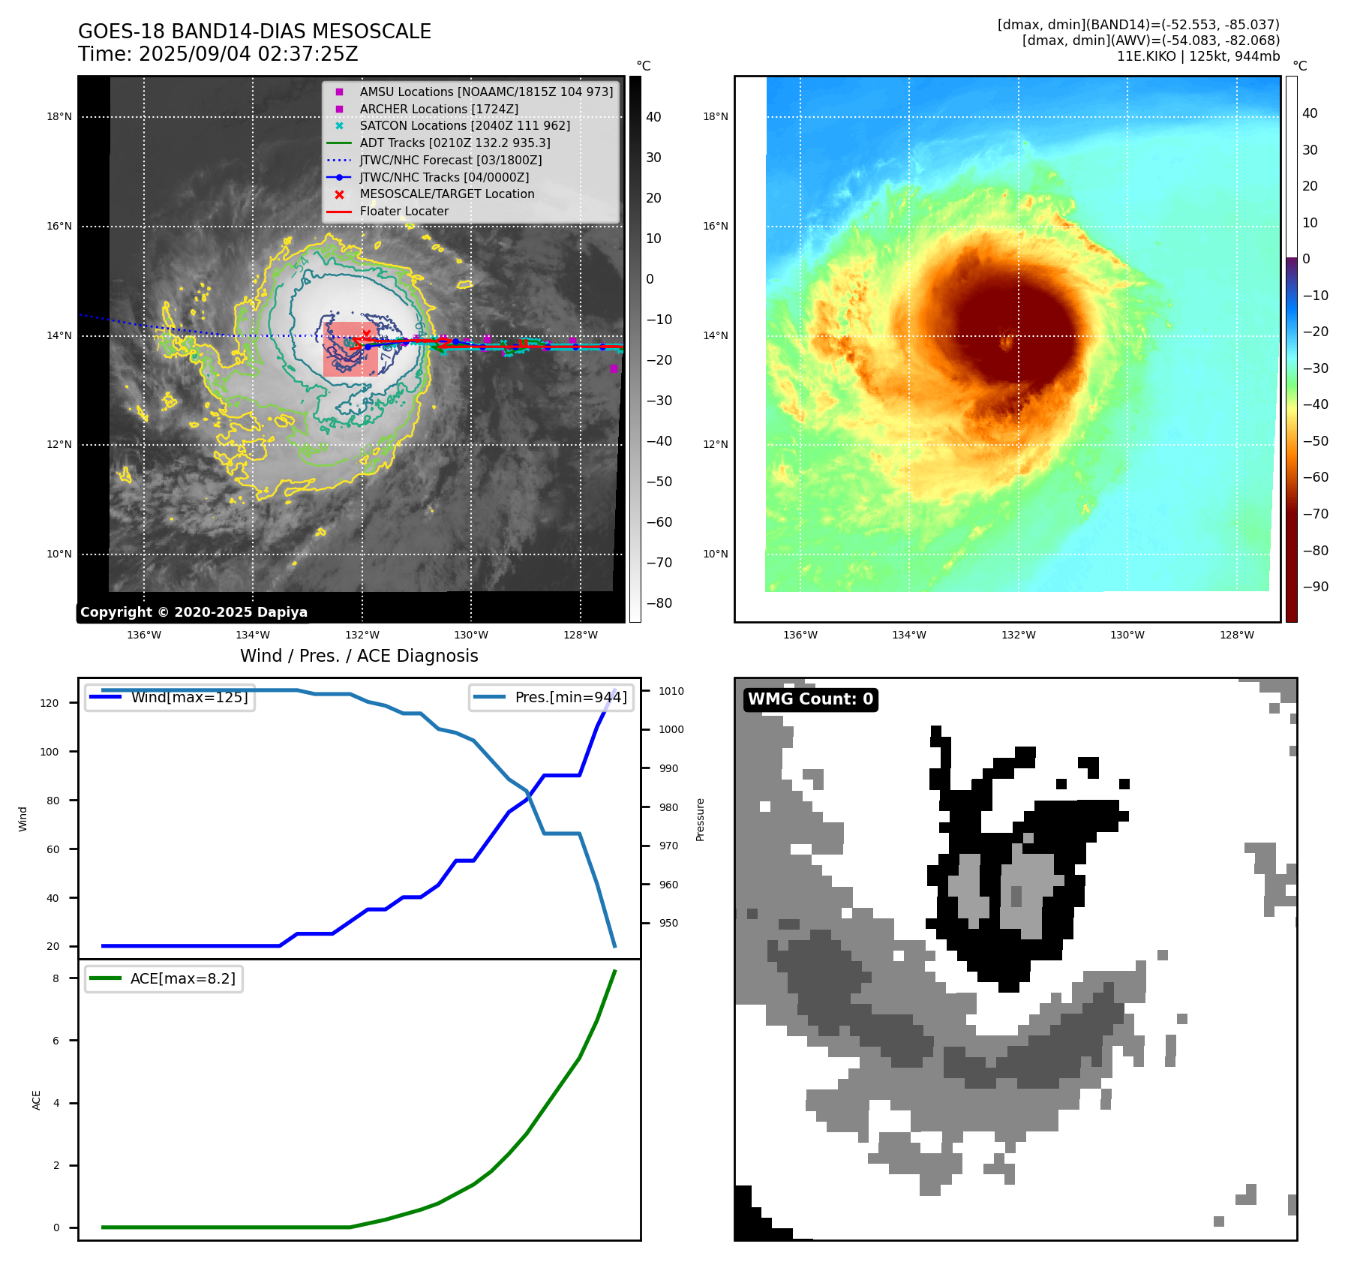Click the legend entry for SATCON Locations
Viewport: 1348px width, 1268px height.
(464, 126)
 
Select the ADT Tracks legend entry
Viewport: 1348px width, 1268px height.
(455, 143)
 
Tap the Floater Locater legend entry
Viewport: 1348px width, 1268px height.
(404, 212)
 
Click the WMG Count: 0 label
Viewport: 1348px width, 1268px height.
(810, 699)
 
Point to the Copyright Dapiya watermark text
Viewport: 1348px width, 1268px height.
(194, 612)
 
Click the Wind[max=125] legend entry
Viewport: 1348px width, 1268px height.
(188, 697)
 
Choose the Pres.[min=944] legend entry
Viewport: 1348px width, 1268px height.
(570, 697)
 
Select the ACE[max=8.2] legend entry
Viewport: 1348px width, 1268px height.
(182, 978)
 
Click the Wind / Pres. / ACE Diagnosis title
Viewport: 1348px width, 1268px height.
(359, 656)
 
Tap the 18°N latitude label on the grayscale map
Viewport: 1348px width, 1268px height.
(59, 117)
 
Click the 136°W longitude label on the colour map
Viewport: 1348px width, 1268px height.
(800, 636)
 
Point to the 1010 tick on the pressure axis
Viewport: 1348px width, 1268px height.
(671, 691)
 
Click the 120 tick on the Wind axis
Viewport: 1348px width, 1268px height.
(50, 703)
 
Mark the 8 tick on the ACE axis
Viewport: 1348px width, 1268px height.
(56, 978)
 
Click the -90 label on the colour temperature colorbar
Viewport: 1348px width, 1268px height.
(1315, 587)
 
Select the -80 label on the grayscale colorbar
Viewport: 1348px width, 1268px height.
(659, 603)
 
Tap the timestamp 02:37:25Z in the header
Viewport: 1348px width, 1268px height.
(308, 55)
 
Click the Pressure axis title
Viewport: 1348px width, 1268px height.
(701, 819)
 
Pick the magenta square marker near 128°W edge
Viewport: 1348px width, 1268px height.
(614, 368)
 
